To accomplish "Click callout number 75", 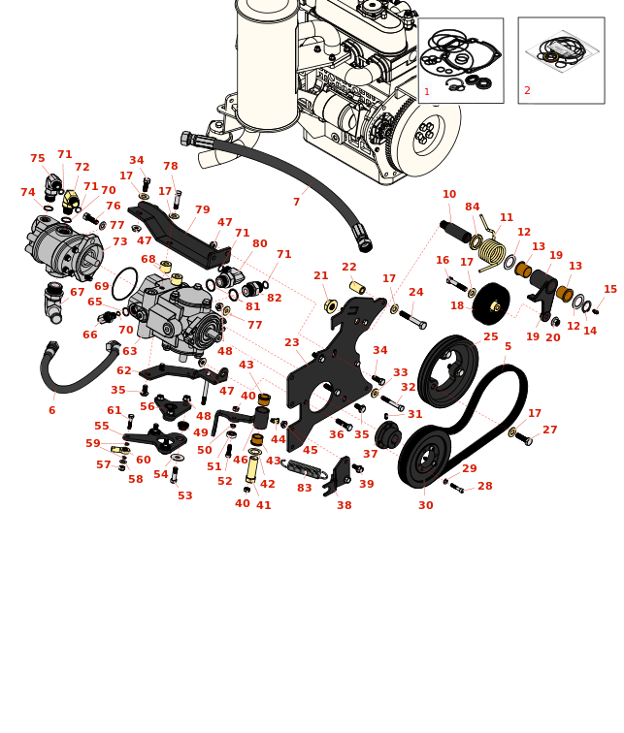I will [37, 159].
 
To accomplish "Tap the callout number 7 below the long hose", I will [296, 203].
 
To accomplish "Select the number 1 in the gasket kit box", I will [426, 93].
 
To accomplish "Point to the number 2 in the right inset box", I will [527, 91].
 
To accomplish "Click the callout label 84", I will [472, 207].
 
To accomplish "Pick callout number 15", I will [609, 290].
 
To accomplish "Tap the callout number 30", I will [425, 506].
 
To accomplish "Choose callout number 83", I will [304, 489].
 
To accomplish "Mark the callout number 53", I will [184, 496].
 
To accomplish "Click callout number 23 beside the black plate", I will [291, 343].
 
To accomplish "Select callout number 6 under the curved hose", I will [51, 411].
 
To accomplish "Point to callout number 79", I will [202, 210].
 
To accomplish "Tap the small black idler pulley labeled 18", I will [491, 303].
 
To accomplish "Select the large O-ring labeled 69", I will [124, 284].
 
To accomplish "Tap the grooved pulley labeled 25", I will [447, 370].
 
